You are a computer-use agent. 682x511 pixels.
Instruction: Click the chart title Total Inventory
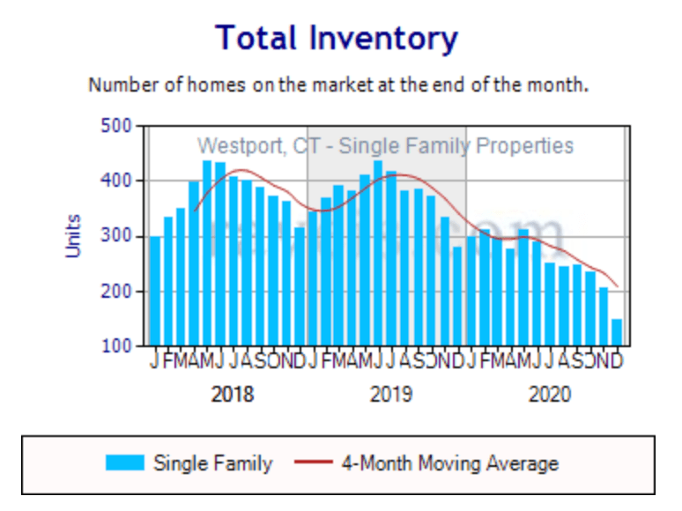[x=337, y=38]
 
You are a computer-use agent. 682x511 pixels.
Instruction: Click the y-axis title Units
[x=74, y=235]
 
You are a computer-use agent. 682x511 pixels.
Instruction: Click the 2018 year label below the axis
[x=233, y=394]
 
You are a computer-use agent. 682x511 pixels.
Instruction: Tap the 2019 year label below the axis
[x=391, y=394]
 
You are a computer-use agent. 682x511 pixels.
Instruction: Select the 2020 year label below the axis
[x=550, y=394]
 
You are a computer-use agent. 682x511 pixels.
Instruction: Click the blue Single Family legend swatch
[x=125, y=463]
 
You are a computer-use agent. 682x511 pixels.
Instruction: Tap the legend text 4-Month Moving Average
[x=449, y=463]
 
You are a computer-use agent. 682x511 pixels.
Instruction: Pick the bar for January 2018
[x=155, y=291]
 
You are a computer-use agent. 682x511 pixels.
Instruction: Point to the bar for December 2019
[x=457, y=296]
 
